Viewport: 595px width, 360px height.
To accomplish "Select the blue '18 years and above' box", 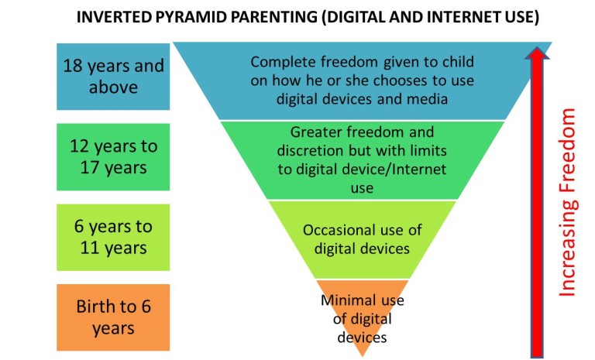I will [x=113, y=76].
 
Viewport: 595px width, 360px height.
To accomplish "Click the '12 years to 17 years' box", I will [x=113, y=156].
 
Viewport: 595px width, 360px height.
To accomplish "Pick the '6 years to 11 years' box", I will [x=113, y=238].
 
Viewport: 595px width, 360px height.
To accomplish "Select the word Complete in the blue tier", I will [x=281, y=62].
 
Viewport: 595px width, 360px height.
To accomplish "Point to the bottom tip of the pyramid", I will [x=363, y=355].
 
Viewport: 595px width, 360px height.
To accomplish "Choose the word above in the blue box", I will [x=113, y=87].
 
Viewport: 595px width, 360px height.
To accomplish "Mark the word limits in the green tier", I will [x=423, y=150].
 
